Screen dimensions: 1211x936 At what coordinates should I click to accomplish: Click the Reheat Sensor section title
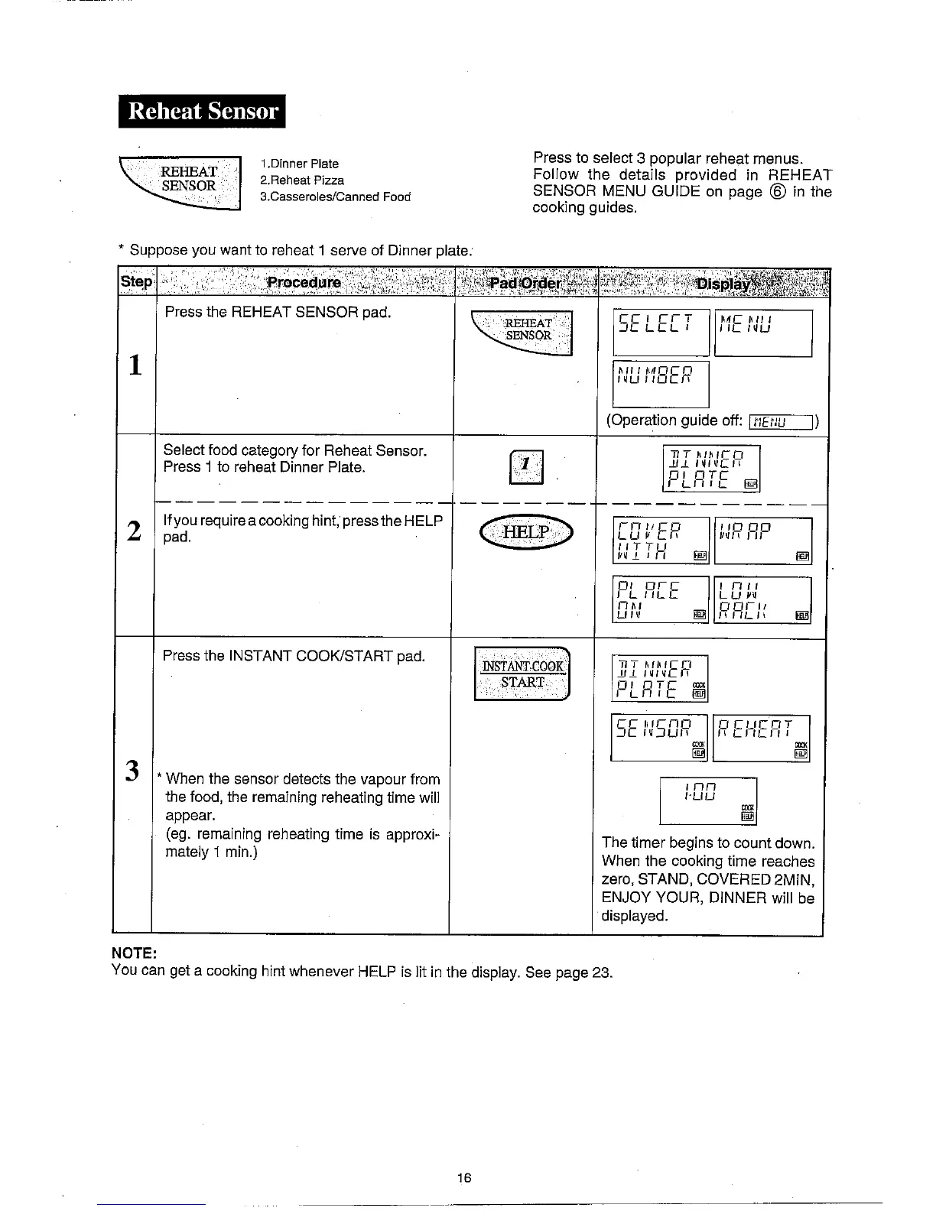point(202,112)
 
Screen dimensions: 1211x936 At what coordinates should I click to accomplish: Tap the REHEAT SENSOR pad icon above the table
point(183,181)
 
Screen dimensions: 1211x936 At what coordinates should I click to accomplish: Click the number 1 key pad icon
point(525,466)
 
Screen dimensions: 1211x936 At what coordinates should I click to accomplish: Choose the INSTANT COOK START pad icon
point(522,674)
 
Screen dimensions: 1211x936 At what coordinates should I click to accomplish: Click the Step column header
point(136,282)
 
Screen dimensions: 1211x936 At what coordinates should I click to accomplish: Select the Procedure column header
point(304,282)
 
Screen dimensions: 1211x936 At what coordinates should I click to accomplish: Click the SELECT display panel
point(661,333)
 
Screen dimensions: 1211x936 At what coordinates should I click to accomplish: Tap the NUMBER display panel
point(661,384)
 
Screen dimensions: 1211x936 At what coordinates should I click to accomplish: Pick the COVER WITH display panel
point(661,541)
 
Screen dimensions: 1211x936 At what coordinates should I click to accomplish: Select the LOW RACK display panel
point(762,600)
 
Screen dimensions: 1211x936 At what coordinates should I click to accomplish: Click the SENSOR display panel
point(661,737)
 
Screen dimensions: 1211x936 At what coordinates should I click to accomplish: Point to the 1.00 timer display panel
point(708,800)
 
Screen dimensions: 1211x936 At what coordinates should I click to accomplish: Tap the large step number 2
point(135,530)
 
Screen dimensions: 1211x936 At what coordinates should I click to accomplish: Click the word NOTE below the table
point(135,953)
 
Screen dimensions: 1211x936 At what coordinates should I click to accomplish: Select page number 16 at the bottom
point(464,1177)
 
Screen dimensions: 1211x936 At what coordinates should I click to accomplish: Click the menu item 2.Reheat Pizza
point(302,180)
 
